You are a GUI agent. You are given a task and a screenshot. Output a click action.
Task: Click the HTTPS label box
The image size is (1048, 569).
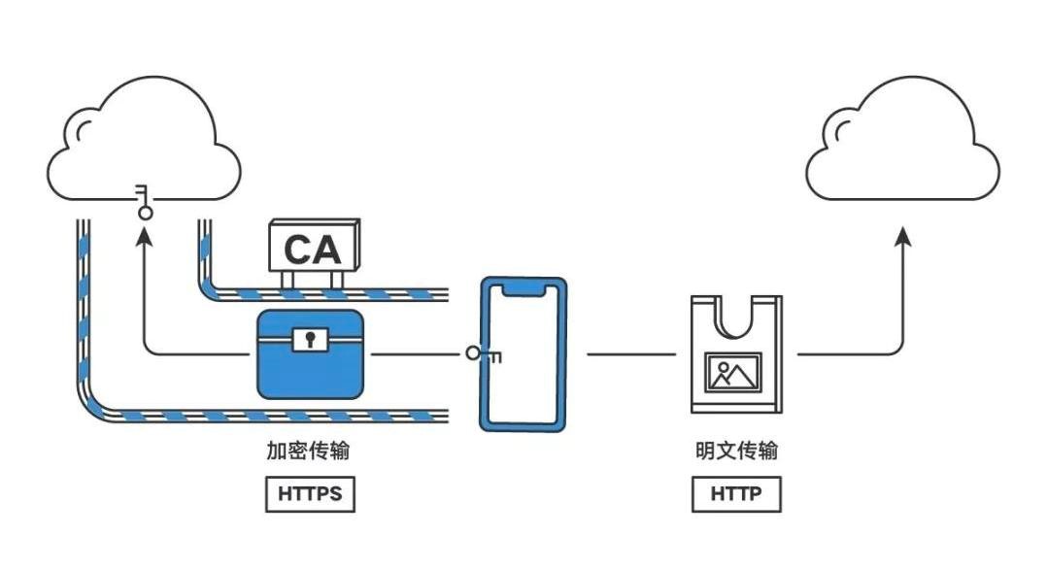(310, 493)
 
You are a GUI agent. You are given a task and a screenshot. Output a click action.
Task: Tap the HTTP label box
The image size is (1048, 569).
(736, 493)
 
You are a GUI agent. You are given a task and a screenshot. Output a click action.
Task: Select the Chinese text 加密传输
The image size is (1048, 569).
(308, 452)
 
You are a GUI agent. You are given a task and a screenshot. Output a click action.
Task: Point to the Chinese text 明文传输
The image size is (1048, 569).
(736, 452)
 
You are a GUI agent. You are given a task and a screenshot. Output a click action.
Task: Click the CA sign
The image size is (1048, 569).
(313, 249)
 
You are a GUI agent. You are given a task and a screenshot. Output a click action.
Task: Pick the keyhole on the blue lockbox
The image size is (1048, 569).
(310, 340)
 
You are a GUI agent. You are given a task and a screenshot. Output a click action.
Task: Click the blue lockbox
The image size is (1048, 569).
(310, 355)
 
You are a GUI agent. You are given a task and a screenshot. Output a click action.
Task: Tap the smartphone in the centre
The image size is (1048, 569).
(524, 354)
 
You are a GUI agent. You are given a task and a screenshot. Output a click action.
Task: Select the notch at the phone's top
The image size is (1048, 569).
(524, 288)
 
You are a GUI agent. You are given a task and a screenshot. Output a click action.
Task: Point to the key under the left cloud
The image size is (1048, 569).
(145, 199)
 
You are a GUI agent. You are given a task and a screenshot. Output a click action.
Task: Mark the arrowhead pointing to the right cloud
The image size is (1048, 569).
(902, 235)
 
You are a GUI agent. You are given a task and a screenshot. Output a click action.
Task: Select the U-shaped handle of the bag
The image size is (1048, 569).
(735, 317)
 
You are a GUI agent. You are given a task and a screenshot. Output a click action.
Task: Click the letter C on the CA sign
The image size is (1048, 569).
(297, 250)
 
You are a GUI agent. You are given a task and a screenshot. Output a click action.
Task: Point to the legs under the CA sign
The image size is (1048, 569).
(313, 280)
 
